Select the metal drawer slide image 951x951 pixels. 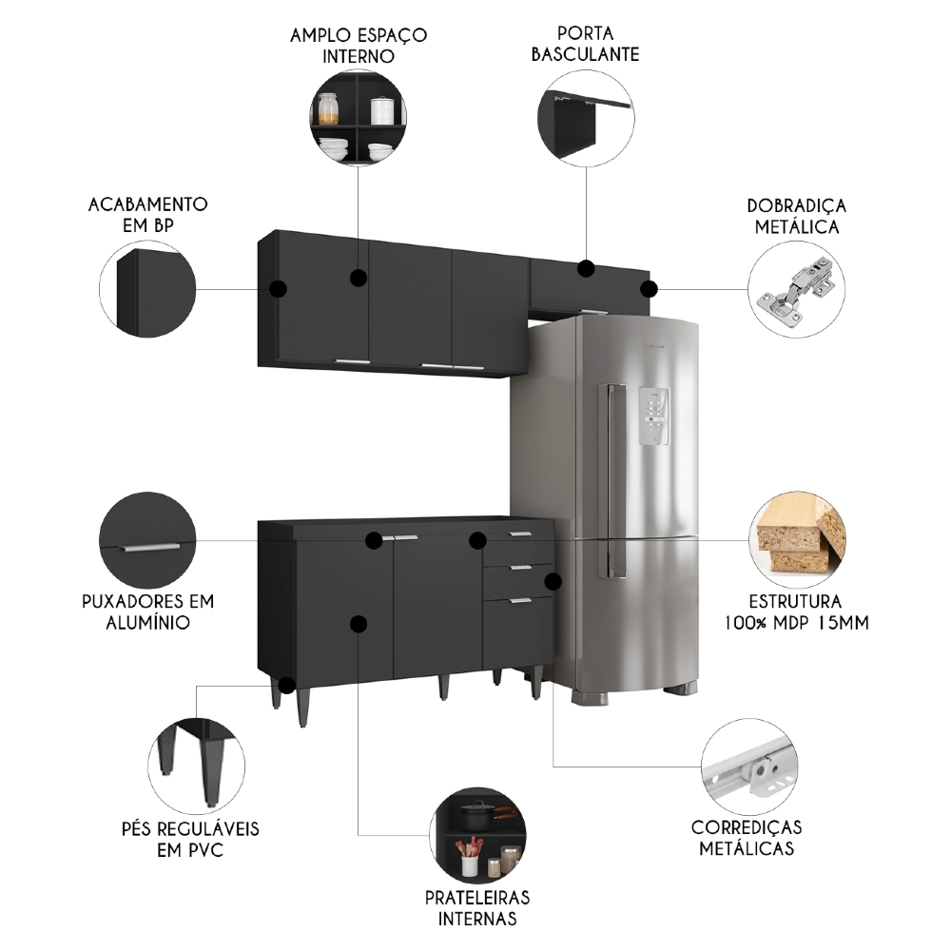pyautogui.click(x=748, y=767)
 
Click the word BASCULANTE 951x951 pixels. pyautogui.click(x=585, y=54)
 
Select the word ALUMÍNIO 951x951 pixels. pyautogui.click(x=147, y=623)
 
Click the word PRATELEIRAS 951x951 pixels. pyautogui.click(x=477, y=898)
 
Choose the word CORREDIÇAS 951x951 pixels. pyautogui.click(x=747, y=827)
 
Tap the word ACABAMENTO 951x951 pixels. pyautogui.click(x=147, y=204)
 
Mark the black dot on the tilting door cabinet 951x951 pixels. pyautogui.click(x=587, y=269)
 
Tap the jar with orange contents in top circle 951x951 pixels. pyautogui.click(x=329, y=109)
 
